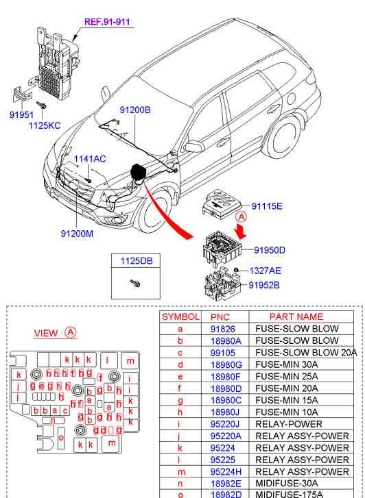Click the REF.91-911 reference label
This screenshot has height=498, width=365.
coord(107,22)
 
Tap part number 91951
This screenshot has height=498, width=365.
coord(21,114)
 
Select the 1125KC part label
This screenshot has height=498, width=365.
coord(45,125)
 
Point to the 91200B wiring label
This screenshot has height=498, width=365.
coord(135,110)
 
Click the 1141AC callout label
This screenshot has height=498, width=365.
coord(90,159)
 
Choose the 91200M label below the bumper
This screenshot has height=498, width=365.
coord(77,234)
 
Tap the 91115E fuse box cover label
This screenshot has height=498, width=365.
coord(267,206)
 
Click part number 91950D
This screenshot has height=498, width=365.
coord(270,250)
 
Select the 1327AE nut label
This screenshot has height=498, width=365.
coord(265,271)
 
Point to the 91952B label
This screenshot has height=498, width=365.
coord(264,285)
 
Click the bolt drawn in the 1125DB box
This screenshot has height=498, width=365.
coord(135,283)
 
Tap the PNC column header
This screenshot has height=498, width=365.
coord(220,317)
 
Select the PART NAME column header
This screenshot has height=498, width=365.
coord(296,316)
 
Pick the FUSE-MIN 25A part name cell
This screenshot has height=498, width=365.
coord(287,376)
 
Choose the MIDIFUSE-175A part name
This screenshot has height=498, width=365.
coord(290,495)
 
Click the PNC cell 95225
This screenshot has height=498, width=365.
coord(223,460)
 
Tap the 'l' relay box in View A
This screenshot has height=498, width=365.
coord(107,360)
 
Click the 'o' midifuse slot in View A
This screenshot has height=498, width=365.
coord(61,438)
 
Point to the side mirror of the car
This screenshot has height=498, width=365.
coord(194,146)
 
